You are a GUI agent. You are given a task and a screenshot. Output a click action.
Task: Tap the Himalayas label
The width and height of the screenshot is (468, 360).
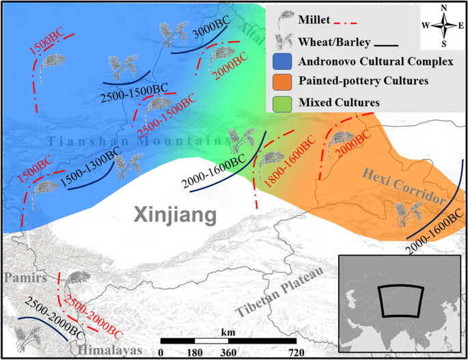111,349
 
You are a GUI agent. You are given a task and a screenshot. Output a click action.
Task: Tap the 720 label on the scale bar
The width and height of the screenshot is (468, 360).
296,352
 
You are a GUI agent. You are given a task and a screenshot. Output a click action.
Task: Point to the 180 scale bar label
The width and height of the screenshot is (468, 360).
195,352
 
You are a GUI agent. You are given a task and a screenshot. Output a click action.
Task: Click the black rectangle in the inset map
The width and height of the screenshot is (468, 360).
402,301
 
